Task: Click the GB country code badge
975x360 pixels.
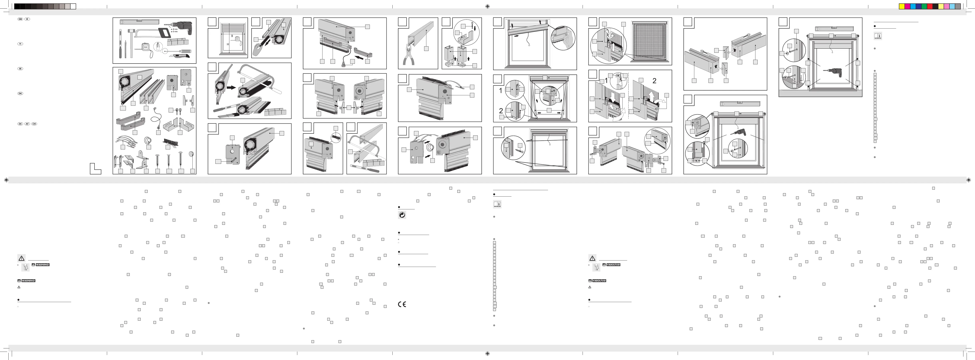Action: click(20, 19)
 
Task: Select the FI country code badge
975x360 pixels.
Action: click(20, 44)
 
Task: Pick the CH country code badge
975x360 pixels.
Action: click(34, 124)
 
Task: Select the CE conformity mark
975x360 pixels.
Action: click(402, 304)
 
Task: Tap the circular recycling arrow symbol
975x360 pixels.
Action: click(402, 215)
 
